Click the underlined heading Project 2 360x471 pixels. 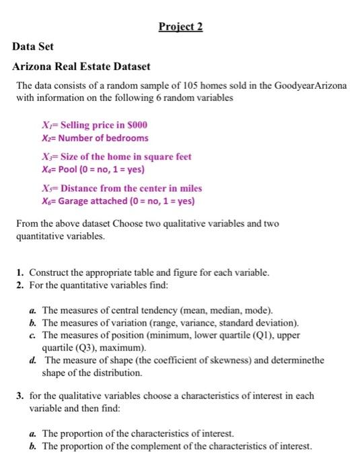(180, 27)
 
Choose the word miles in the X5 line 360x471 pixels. (190, 188)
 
